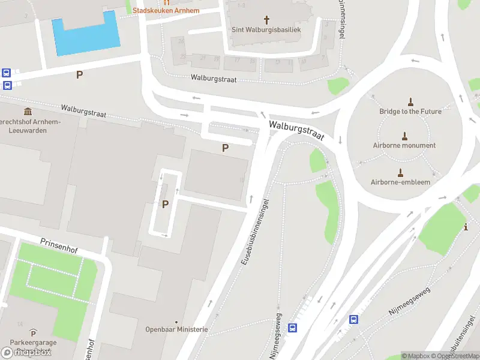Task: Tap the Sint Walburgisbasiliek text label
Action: coord(266,29)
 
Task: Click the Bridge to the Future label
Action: coord(410,112)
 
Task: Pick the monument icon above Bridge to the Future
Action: coord(410,101)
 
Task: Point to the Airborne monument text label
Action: coord(404,145)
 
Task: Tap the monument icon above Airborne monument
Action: coord(404,136)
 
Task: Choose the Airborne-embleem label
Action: coord(400,182)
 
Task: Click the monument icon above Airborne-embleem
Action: coord(400,172)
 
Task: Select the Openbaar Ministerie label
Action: coord(176,329)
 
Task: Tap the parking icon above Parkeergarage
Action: coord(34,333)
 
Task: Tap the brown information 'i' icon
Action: coord(467,227)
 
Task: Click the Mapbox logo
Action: coord(26,352)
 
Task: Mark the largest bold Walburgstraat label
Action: coord(296,130)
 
